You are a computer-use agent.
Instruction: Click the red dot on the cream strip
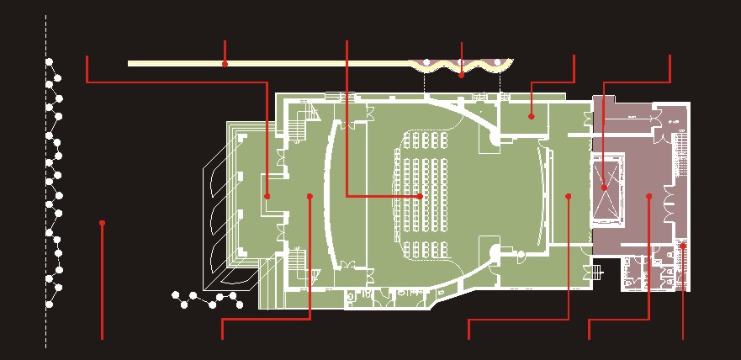coord(225,64)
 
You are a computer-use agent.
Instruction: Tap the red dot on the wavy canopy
coord(462,75)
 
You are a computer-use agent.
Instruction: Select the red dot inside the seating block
coord(420,196)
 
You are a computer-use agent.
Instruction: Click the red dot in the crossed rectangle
coord(604,187)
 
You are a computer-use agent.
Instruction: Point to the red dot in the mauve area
coord(648,197)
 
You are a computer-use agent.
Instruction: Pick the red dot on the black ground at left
coord(102,223)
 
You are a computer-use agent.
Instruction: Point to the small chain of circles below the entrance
coord(206,299)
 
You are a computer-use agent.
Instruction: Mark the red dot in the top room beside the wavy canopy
coord(531,115)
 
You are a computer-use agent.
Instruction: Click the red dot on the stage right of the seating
coord(569,197)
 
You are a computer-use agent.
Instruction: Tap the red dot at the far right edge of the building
coord(683,245)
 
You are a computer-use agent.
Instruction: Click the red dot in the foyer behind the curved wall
coord(310,197)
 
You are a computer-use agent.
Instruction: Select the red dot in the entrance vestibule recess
coord(267,196)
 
